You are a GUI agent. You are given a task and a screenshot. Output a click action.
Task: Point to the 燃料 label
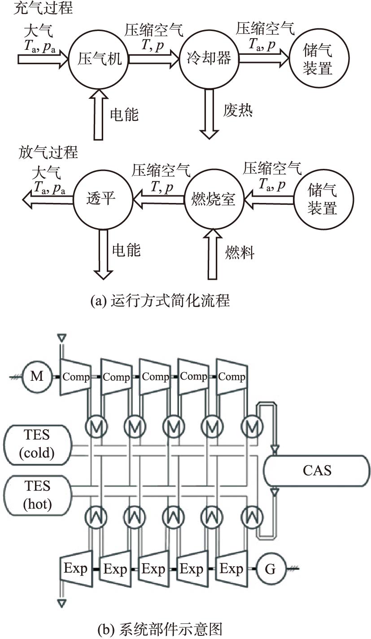click(x=240, y=252)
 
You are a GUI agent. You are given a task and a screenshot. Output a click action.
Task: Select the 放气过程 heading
click(x=48, y=152)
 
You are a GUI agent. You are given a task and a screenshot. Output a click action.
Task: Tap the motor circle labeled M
click(x=37, y=376)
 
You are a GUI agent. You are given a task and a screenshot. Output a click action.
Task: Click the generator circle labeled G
click(x=270, y=569)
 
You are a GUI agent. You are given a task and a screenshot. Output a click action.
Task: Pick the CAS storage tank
click(x=317, y=470)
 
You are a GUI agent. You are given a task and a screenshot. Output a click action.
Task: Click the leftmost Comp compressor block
click(x=75, y=376)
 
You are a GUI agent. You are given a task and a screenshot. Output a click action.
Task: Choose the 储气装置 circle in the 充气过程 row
click(x=318, y=59)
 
